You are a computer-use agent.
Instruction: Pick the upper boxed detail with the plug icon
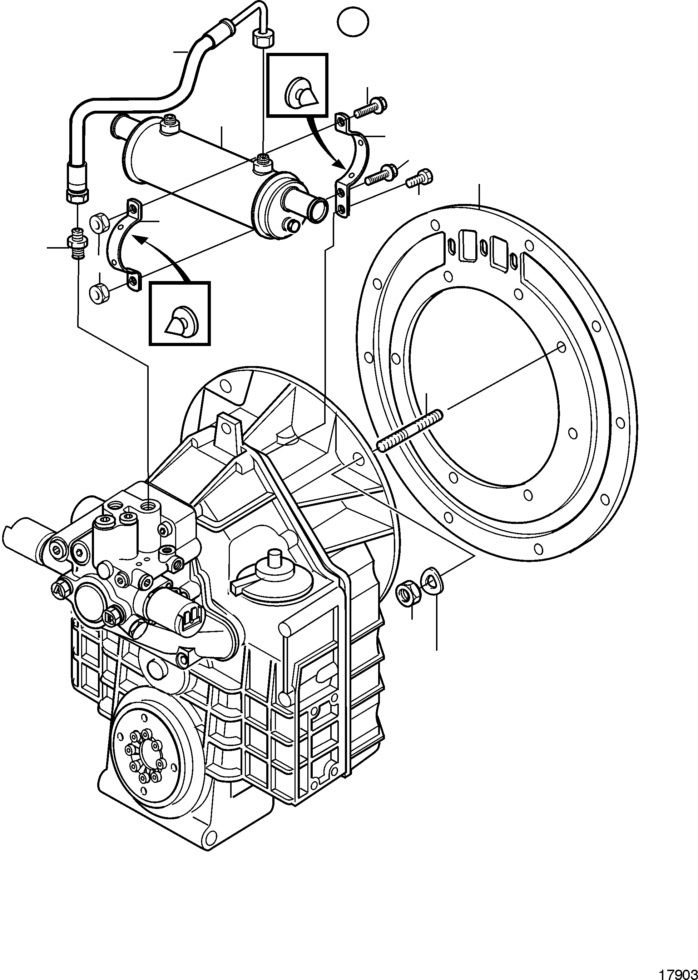pyautogui.click(x=297, y=85)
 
